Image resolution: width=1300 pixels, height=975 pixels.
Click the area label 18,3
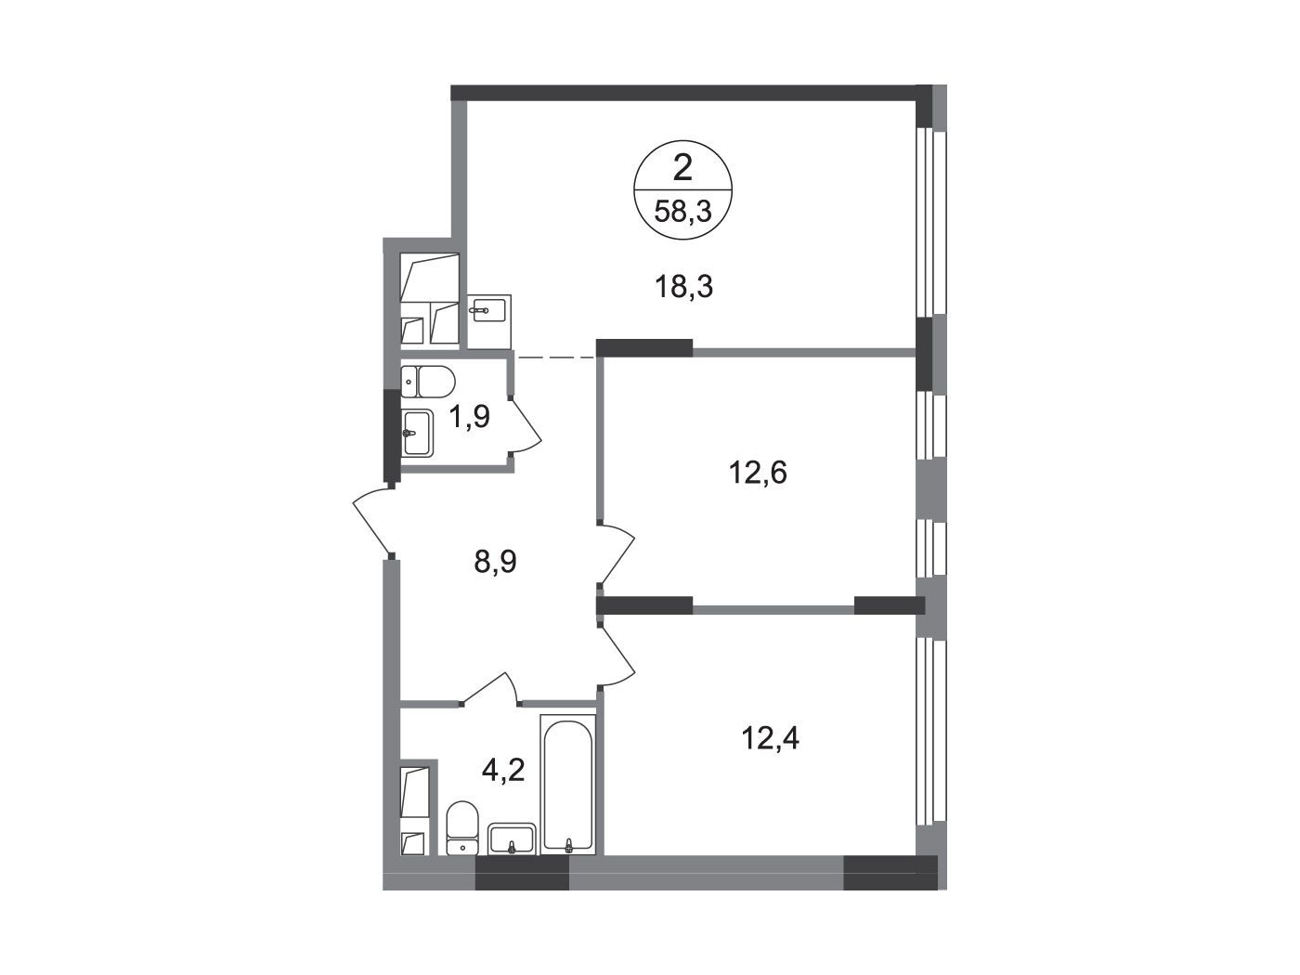click(683, 287)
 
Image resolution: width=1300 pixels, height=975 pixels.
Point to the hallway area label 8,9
click(495, 562)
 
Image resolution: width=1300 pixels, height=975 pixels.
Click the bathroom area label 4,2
click(503, 770)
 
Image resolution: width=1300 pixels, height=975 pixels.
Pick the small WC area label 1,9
click(470, 417)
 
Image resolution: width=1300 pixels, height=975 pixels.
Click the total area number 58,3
click(682, 210)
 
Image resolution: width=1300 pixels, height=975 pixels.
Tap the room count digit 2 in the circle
click(682, 169)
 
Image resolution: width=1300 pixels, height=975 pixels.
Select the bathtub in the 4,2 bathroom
click(568, 785)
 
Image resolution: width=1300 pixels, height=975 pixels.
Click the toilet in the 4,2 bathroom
click(462, 827)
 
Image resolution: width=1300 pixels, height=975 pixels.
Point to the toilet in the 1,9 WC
click(427, 382)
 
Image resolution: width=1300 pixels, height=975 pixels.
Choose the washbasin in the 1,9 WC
click(418, 434)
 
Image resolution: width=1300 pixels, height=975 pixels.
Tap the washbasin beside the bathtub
click(512, 838)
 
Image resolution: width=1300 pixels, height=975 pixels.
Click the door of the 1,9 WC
click(526, 425)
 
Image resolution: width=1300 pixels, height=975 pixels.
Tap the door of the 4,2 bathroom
click(491, 688)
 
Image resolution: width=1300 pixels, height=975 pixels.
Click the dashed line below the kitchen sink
click(555, 357)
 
